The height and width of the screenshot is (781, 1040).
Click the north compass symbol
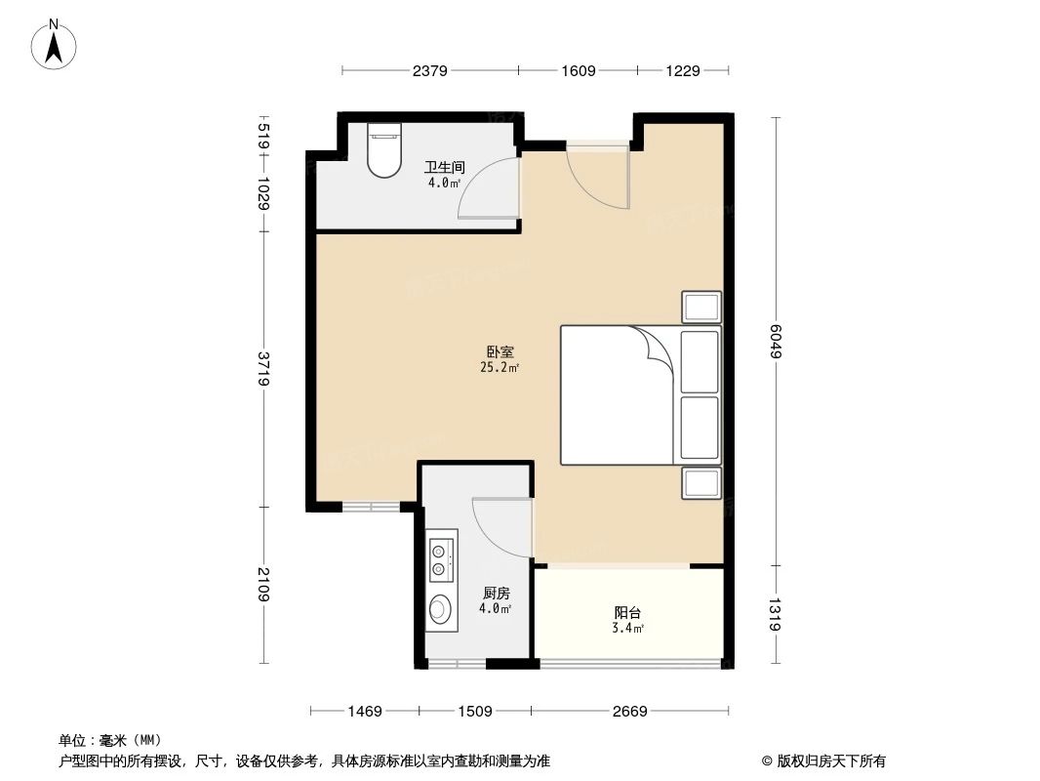[56, 44]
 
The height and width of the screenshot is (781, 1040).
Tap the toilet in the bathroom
[383, 150]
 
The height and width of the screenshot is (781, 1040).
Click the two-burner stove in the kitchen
[442, 557]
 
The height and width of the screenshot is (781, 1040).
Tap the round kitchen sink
[441, 609]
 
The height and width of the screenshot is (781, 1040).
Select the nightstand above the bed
[701, 308]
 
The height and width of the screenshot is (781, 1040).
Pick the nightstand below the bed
[701, 482]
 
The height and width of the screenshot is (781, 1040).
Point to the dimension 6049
[776, 342]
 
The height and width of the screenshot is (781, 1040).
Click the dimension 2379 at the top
[430, 70]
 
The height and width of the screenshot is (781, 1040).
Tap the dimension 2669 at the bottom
[630, 711]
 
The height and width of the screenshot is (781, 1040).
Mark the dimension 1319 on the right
[776, 614]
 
